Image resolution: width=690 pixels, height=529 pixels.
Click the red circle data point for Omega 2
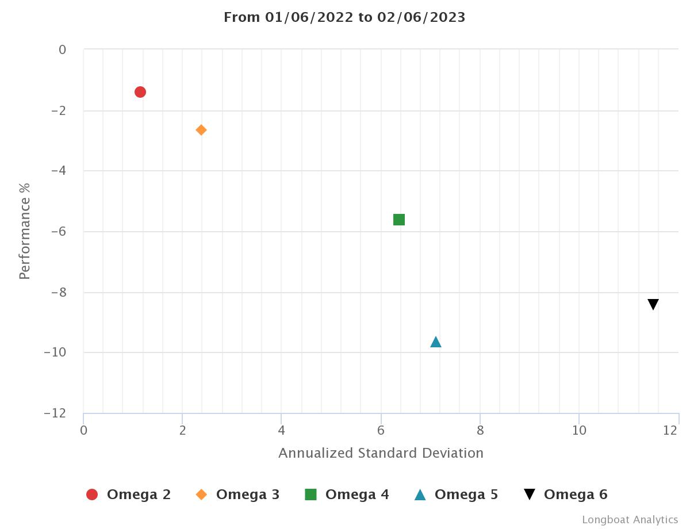(x=140, y=92)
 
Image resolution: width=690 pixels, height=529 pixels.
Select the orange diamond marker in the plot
(x=201, y=130)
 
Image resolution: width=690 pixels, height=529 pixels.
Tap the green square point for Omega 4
(x=399, y=220)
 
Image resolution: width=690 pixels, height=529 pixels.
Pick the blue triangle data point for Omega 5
(x=436, y=342)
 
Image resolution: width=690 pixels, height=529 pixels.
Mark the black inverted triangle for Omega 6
(x=653, y=304)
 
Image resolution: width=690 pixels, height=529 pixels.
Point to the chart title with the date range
(x=344, y=17)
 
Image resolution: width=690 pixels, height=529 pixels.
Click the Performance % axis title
(x=24, y=231)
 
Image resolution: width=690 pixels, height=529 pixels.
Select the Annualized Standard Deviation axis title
(x=381, y=453)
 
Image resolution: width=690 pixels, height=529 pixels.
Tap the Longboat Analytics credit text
(x=630, y=520)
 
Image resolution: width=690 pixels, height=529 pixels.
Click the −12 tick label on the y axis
(x=55, y=413)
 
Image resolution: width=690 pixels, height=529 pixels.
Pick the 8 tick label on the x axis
(x=480, y=431)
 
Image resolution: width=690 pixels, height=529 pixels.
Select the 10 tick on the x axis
(x=579, y=431)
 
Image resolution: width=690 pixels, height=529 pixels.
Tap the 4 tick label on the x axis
(x=281, y=431)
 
